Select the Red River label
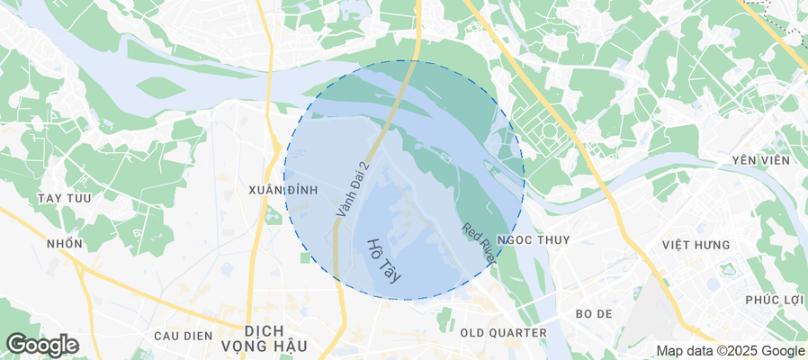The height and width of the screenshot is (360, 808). pos(479,242)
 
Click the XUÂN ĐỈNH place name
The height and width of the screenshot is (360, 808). pos(283,190)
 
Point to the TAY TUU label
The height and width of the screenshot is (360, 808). pos(62,197)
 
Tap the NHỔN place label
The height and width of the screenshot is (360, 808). pos(64,244)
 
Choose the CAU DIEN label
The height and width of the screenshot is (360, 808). pos(182,336)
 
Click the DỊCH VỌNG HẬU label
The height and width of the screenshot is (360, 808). pos(276,338)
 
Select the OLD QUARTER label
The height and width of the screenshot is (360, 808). pos(503,333)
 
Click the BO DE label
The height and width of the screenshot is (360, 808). pos(593,314)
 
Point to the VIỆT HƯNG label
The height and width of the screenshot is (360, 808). pos(696,245)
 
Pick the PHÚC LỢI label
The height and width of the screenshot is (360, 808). pos(773,300)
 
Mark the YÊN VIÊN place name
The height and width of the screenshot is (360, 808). pos(761,160)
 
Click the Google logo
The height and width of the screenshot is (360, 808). pos(41,344)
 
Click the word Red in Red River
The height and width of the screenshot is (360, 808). pos(470,231)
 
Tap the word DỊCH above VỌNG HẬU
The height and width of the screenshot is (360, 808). pos(276,330)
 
